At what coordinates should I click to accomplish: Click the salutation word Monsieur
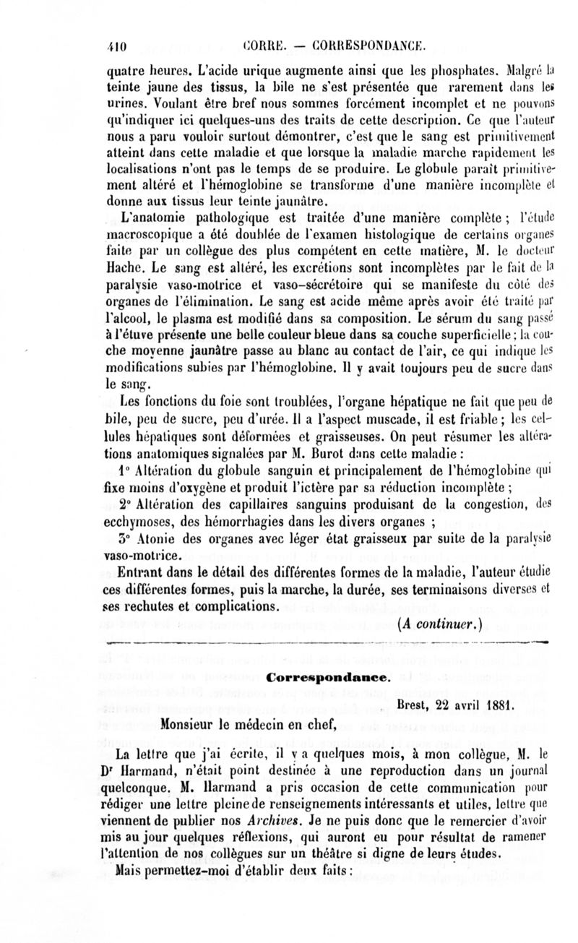(201, 720)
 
